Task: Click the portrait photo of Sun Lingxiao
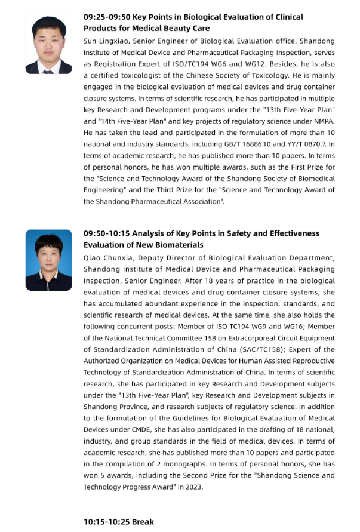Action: pos(48,43)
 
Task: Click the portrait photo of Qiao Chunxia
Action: pos(48,260)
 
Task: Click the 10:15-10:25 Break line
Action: pos(119,522)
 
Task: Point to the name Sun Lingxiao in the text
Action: pos(106,41)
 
